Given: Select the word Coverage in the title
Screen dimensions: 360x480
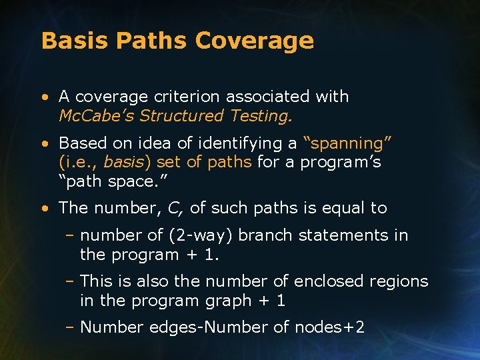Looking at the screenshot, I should pyautogui.click(x=255, y=41).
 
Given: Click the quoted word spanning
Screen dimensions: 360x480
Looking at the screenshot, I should pyautogui.click(x=347, y=143).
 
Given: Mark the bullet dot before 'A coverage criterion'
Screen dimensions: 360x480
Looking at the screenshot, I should pyautogui.click(x=44, y=97).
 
